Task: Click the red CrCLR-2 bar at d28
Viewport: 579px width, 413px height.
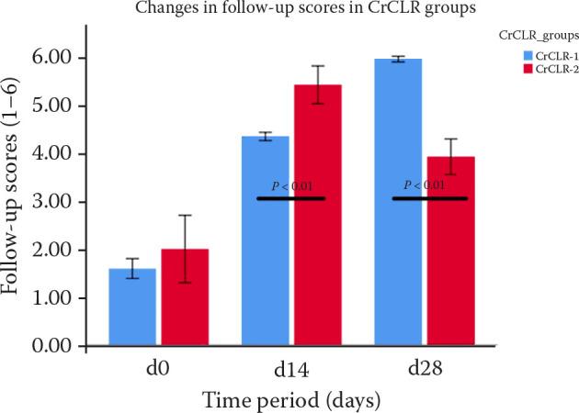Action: tap(450, 251)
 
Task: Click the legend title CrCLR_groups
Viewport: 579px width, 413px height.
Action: tap(543, 36)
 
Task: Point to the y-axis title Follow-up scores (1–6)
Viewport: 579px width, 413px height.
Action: tap(17, 200)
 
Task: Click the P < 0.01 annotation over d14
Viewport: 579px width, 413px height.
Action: tap(290, 187)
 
